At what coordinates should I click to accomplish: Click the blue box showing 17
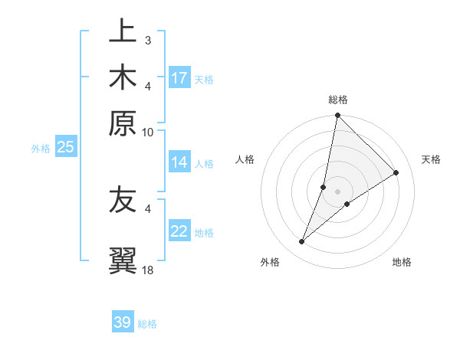(179, 78)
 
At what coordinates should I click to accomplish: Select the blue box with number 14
(179, 162)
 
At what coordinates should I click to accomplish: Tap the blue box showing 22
(179, 231)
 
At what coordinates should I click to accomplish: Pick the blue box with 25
(65, 147)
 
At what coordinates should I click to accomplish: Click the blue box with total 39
(123, 322)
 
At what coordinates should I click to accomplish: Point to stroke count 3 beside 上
(147, 39)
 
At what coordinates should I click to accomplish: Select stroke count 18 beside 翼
(148, 270)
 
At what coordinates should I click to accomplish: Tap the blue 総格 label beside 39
(148, 324)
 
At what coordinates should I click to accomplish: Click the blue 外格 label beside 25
(41, 149)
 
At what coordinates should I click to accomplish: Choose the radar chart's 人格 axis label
(245, 159)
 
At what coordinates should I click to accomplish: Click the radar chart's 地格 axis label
(402, 263)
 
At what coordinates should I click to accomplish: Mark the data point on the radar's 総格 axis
(337, 115)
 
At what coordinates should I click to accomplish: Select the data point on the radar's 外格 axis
(302, 242)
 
